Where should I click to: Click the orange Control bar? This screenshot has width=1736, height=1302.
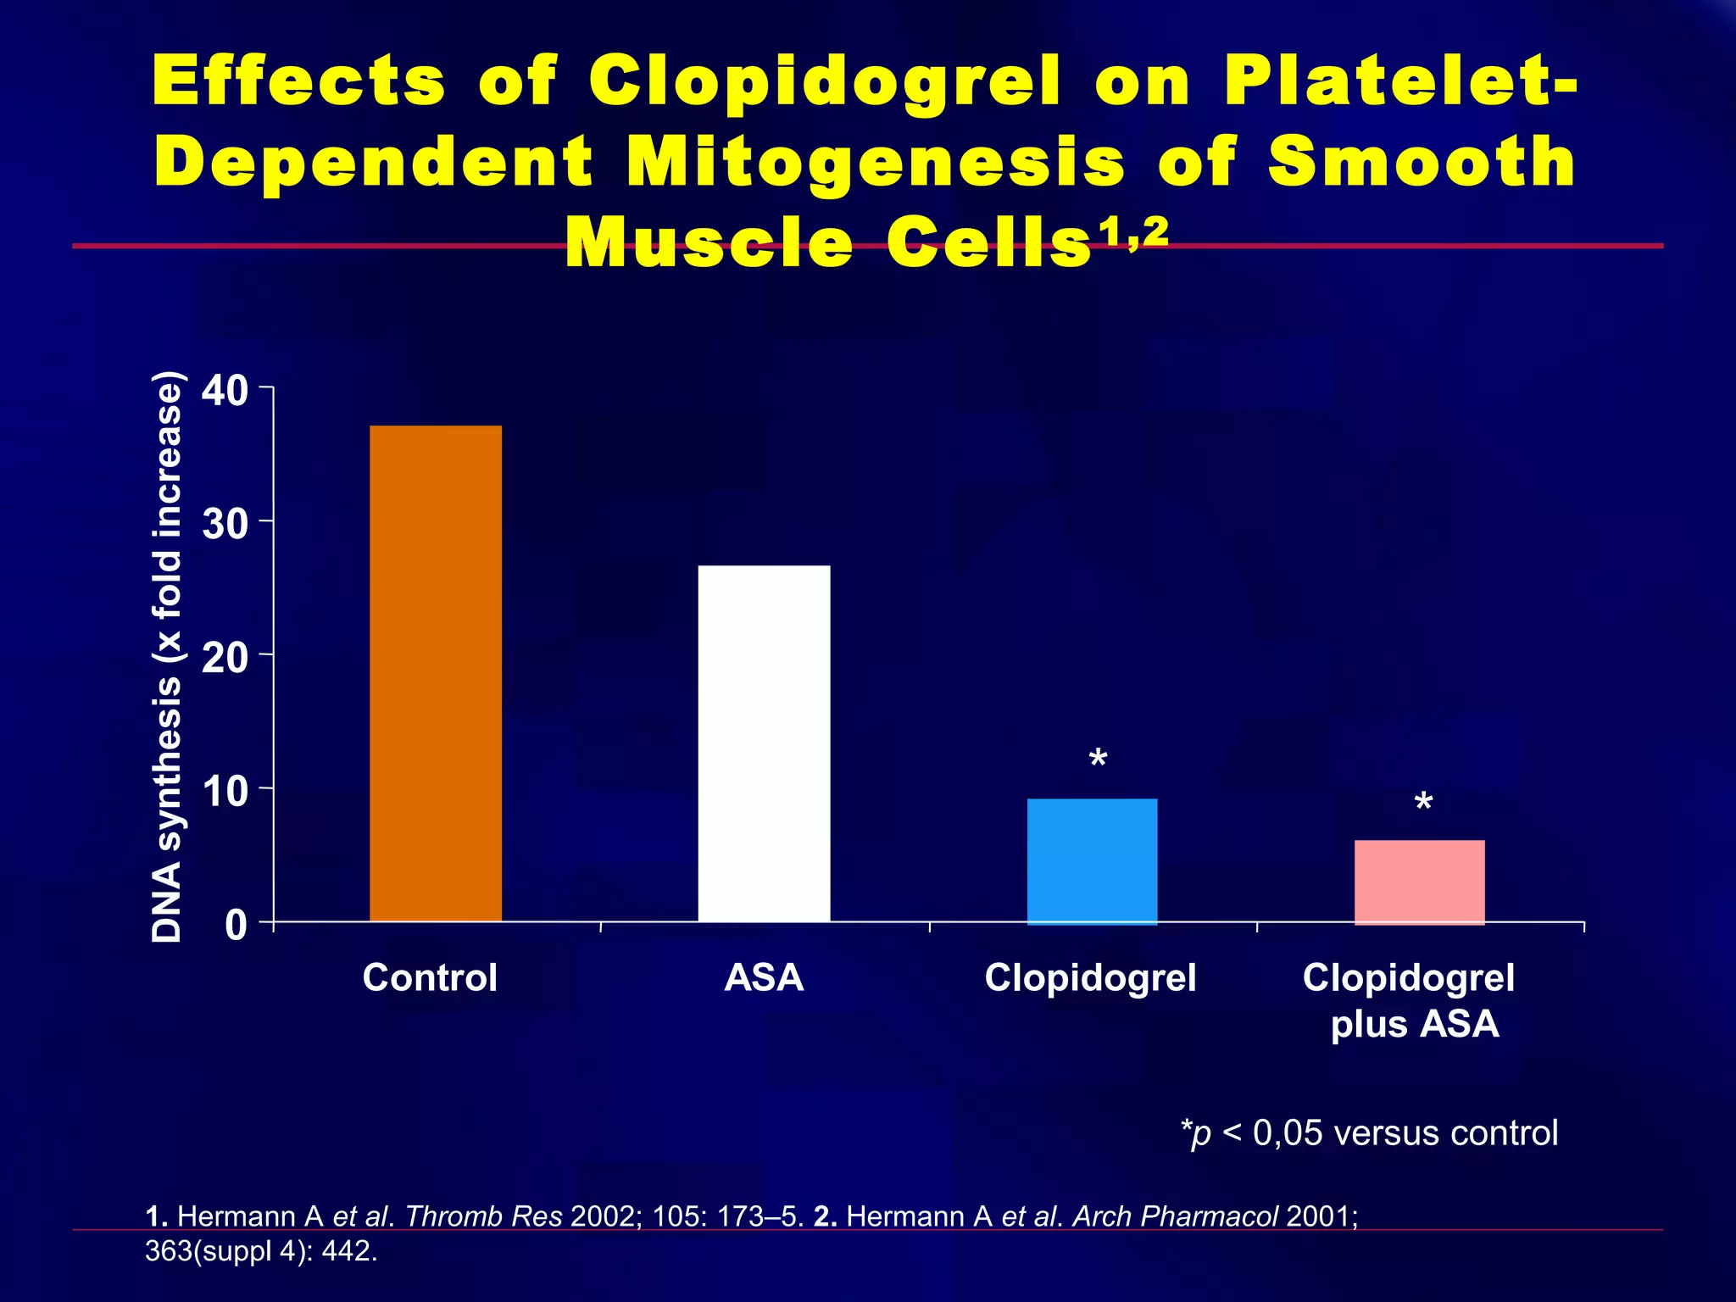pos(436,673)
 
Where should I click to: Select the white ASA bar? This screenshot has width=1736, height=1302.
pos(764,743)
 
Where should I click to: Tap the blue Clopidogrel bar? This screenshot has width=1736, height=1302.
pos(1092,860)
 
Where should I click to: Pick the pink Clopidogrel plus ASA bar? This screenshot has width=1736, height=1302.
pos(1419,881)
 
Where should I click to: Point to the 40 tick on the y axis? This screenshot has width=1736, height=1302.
pos(225,391)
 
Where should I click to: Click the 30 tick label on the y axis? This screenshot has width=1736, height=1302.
pos(225,525)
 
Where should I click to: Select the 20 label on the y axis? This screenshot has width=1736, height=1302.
pos(225,658)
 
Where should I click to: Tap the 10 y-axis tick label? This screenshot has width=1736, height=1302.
pos(225,792)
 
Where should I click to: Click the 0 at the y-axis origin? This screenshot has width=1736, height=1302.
pos(236,925)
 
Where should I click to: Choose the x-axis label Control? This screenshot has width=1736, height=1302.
pos(430,977)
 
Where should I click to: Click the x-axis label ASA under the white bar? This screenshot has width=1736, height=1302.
pos(764,977)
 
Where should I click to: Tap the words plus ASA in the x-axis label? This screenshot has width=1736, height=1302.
pos(1414,1024)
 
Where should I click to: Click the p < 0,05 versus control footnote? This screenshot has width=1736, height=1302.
pos(1369,1132)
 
